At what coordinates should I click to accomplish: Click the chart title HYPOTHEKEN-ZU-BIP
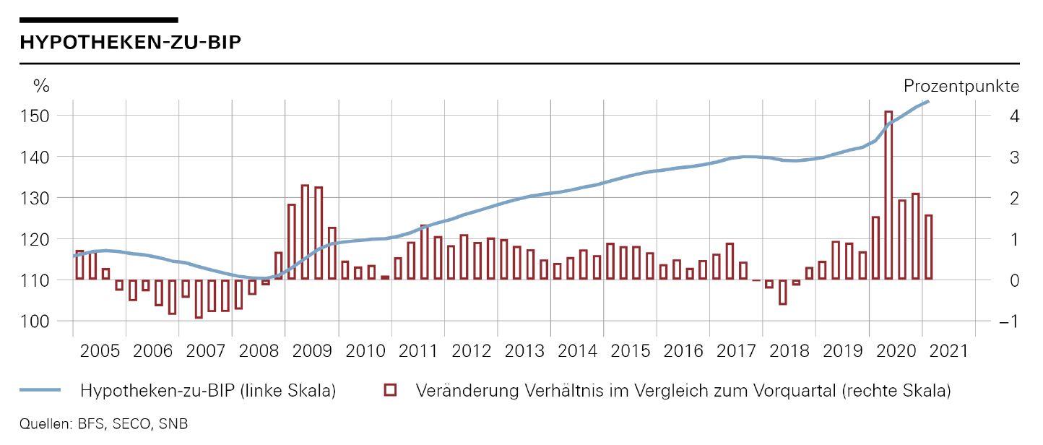point(131,43)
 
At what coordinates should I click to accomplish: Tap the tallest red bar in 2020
point(888,195)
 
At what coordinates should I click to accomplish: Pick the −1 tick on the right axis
point(1009,321)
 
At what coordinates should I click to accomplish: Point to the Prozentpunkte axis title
point(961,86)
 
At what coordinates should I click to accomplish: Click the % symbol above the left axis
point(40,86)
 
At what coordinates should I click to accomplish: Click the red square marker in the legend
point(390,391)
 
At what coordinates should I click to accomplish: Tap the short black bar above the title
point(99,20)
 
